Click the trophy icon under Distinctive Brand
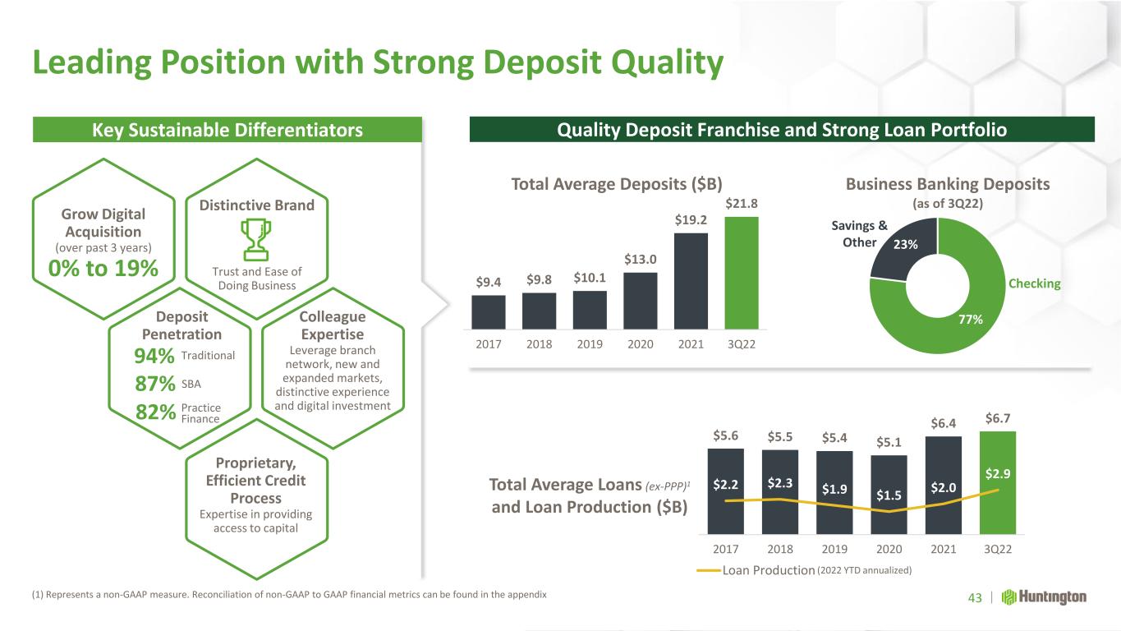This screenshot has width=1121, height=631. [256, 240]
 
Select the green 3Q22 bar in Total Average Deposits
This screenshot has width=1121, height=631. [742, 273]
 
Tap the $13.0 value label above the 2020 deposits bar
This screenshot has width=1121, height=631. [640, 260]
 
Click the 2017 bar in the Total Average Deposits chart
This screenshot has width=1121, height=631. [489, 312]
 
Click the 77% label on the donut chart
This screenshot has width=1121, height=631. [971, 320]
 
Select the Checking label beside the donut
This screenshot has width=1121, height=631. [1035, 283]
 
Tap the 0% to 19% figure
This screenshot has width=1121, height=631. [103, 269]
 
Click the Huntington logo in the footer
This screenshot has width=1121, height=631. [1044, 597]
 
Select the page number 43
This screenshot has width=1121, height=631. [975, 597]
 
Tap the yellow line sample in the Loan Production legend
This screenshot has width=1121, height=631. [709, 570]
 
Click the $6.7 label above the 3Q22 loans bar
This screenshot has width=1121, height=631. [998, 418]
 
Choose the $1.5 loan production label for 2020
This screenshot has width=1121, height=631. [889, 495]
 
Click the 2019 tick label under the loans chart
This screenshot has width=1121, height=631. [834, 550]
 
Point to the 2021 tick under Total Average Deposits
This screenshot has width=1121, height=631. [691, 344]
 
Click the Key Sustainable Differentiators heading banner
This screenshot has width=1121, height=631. [227, 130]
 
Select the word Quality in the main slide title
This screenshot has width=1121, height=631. [667, 63]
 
